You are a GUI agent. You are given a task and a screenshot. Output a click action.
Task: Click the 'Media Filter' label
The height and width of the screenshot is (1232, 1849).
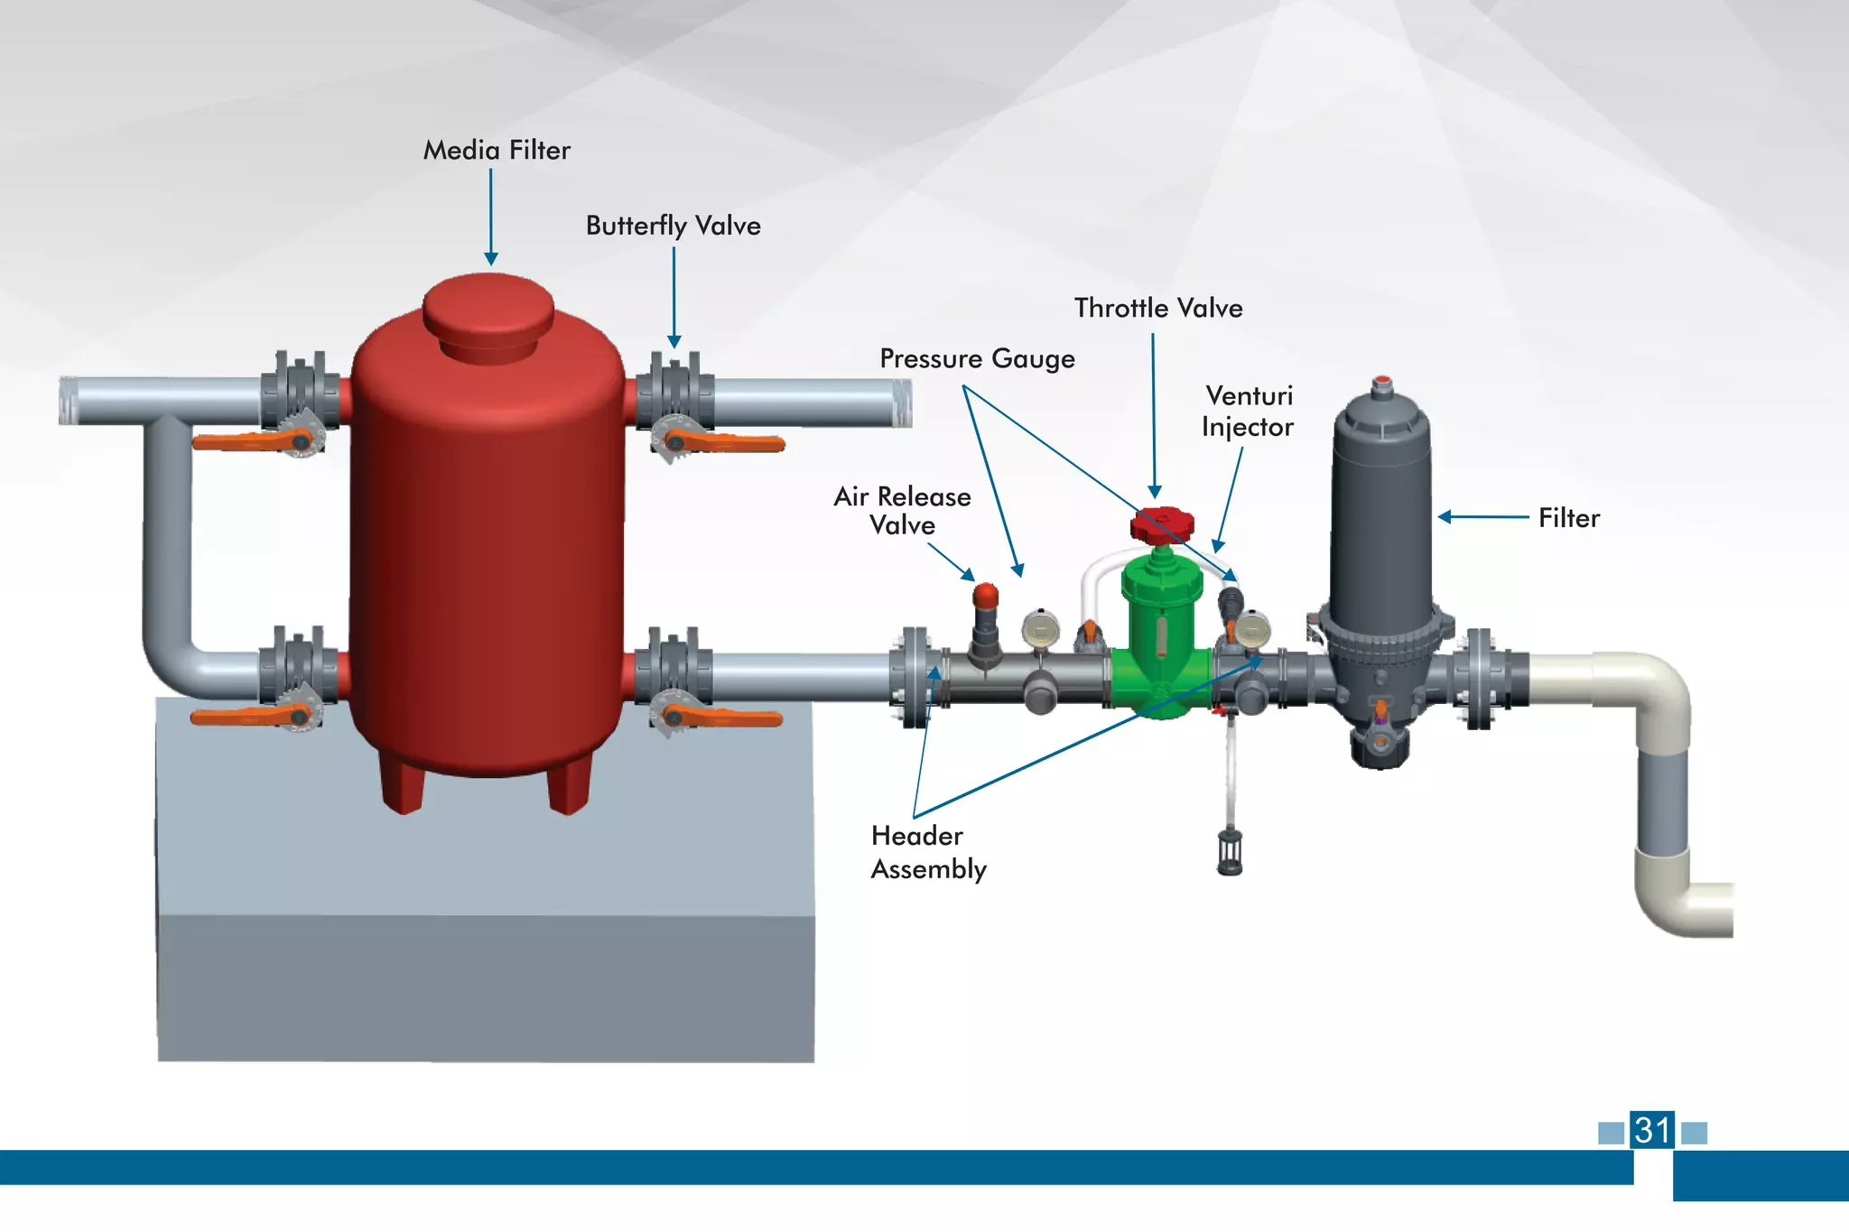[x=497, y=150]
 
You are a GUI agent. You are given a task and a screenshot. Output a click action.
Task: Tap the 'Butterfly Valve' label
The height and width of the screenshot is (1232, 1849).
[x=673, y=226]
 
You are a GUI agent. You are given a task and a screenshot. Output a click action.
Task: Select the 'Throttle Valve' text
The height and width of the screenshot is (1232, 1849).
[x=1158, y=309]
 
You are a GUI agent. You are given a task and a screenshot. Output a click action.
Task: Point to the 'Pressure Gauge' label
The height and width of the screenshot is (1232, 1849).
[x=977, y=359]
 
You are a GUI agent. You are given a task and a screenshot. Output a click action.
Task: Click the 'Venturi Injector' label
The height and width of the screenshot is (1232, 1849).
[x=1248, y=412]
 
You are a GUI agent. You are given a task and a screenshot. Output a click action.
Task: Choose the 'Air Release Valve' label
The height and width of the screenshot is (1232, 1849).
[x=902, y=511]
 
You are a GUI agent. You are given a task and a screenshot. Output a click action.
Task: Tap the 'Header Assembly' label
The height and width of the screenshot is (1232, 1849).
[x=928, y=853]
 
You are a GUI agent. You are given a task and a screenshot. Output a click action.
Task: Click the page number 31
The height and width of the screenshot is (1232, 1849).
[x=1652, y=1130]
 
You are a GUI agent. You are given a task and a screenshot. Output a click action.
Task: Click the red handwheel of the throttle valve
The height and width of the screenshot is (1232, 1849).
[x=1163, y=523]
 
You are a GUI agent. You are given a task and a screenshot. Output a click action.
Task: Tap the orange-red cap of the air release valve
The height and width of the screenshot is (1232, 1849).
[x=986, y=596]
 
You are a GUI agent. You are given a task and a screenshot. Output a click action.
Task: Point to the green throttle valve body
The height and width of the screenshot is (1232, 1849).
[x=1161, y=632]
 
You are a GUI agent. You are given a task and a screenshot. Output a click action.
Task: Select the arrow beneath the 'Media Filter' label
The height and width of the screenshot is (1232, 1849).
[x=491, y=217]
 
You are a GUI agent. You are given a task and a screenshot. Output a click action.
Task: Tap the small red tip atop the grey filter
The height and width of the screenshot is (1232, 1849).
[x=1381, y=381]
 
